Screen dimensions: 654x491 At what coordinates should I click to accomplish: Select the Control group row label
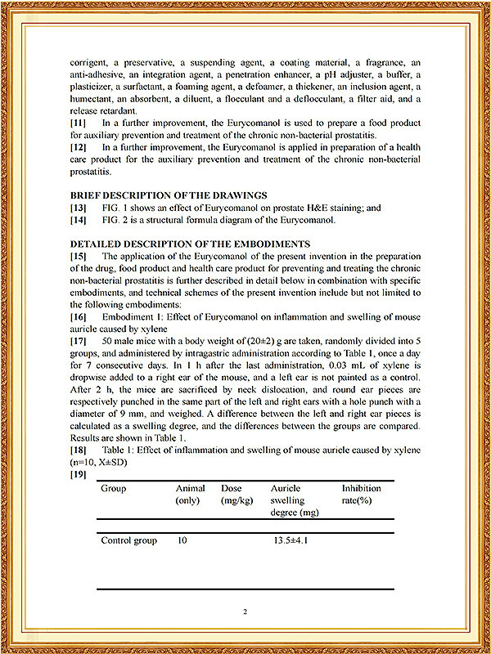coord(128,541)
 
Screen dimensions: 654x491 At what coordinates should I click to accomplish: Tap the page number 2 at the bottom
coord(245,611)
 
